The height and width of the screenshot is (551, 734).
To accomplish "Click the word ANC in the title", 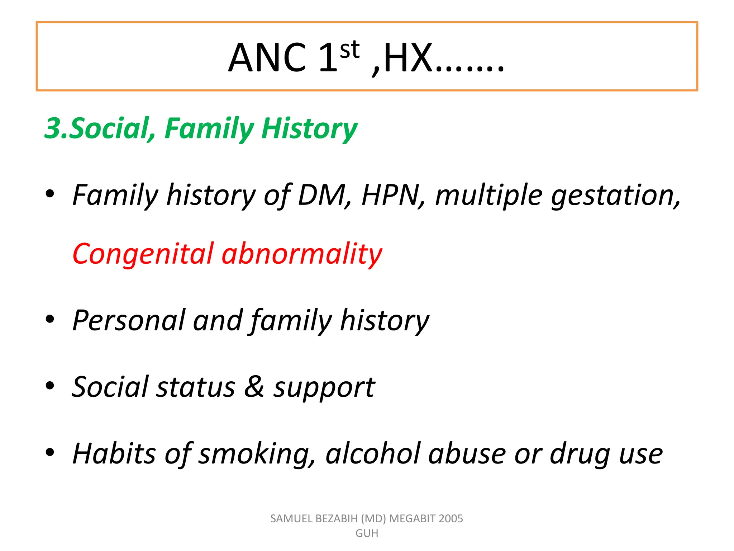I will pyautogui.click(x=267, y=58).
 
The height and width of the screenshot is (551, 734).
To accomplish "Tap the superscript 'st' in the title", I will pyautogui.click(x=349, y=50).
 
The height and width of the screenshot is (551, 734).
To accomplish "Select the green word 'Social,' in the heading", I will pyautogui.click(x=113, y=128).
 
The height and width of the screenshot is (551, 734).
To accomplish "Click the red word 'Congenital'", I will pyautogui.click(x=143, y=254).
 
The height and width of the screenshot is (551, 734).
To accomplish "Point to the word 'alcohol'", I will pyautogui.click(x=373, y=454).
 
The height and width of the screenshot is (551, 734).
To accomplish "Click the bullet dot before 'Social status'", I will pyautogui.click(x=50, y=386).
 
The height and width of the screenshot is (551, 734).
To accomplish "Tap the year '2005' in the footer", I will pyautogui.click(x=451, y=518).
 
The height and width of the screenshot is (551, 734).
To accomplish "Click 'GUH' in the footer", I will pyautogui.click(x=367, y=533).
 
